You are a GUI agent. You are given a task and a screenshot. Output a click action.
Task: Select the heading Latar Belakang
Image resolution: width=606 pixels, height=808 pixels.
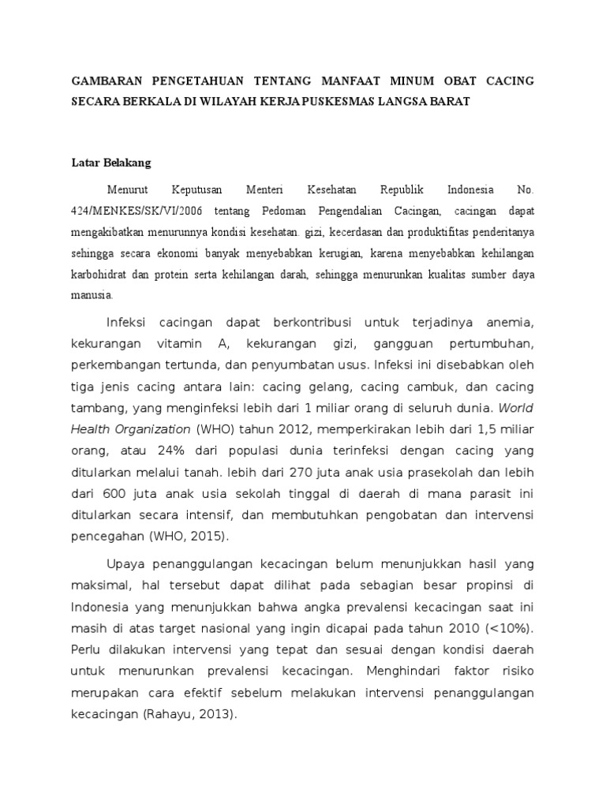110,163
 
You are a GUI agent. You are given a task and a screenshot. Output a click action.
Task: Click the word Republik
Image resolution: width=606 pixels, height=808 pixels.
402,190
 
